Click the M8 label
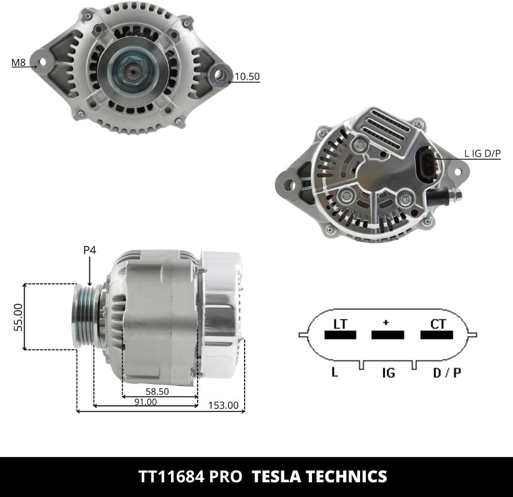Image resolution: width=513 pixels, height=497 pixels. (x=19, y=62)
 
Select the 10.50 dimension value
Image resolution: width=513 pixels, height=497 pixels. (x=247, y=76)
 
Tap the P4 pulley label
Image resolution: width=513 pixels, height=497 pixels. (x=90, y=250)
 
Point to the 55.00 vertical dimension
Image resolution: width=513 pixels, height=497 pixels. (x=19, y=317)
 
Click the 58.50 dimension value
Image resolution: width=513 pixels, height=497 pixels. (x=157, y=392)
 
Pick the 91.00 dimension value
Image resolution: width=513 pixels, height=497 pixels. (x=146, y=402)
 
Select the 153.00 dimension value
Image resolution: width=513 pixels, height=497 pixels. (x=223, y=405)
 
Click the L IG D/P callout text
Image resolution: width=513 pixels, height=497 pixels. (x=482, y=153)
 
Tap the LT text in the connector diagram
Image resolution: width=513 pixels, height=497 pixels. (x=340, y=324)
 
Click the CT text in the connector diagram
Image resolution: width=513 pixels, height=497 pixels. (x=438, y=324)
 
